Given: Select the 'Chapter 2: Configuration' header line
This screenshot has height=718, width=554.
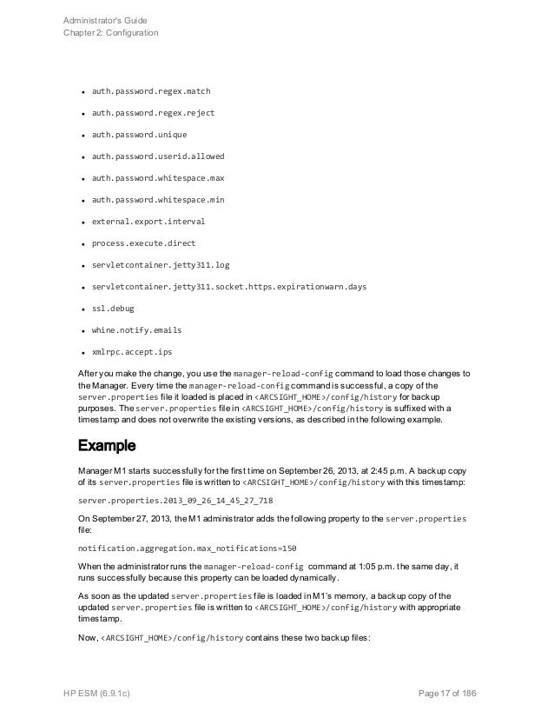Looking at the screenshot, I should pos(111,33).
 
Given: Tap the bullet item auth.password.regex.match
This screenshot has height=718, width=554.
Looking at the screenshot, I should pos(151,91).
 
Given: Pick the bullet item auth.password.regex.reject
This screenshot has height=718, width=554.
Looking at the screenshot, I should pos(153,113).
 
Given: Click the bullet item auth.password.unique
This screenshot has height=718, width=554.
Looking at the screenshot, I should pos(139,135).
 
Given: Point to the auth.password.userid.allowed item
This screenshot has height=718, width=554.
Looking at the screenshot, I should pos(158,156).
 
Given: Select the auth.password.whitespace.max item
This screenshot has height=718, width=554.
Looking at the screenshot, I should pos(158,178).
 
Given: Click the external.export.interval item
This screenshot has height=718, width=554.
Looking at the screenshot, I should pos(148,222).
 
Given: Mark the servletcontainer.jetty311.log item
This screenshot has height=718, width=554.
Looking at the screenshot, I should pos(161,265).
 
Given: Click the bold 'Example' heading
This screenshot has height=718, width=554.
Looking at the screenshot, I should pos(107,447).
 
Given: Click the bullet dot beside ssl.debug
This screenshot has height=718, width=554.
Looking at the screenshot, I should pos(81,309).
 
